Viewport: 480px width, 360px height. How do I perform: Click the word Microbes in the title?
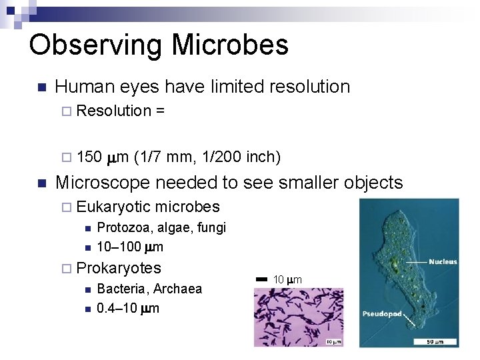pos(230,45)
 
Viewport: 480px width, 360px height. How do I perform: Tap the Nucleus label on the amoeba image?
pos(442,262)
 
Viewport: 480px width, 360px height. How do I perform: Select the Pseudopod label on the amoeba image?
pos(381,313)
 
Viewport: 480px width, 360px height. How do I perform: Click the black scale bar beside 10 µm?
pos(261,279)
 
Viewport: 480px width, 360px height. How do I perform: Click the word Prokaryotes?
pos(119,268)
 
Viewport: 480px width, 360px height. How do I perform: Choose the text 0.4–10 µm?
pos(128,308)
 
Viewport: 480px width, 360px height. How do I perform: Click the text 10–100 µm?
pos(130,247)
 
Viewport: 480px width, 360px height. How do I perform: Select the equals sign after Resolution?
pos(160,111)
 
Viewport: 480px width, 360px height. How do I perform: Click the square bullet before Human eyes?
pos(41,87)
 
